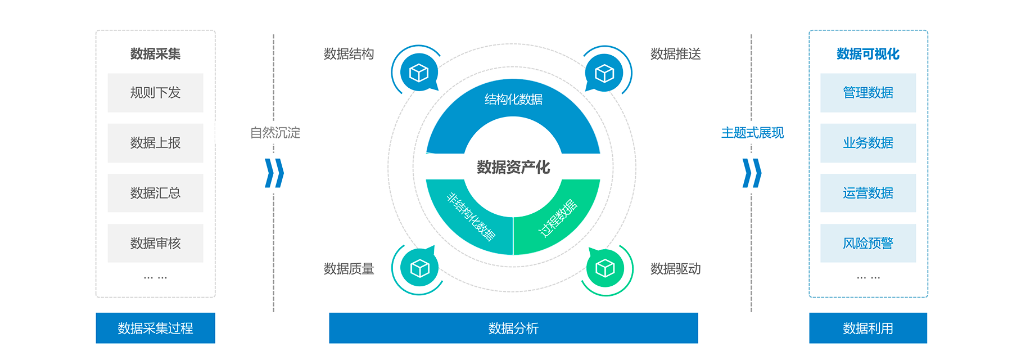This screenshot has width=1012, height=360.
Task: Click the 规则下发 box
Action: tap(155, 93)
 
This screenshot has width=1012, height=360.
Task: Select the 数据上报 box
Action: tap(155, 143)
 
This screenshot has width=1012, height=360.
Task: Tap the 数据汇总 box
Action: tap(155, 193)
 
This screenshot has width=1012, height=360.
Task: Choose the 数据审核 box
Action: tap(155, 243)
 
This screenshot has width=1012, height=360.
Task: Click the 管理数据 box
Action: tap(868, 93)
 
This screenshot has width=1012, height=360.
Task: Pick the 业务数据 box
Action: tap(868, 143)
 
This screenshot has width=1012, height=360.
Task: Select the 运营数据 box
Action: tap(868, 193)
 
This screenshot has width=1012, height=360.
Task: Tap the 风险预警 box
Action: tap(868, 243)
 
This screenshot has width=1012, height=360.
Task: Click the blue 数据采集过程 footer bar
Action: tap(155, 328)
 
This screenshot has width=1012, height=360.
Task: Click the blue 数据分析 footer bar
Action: tap(513, 328)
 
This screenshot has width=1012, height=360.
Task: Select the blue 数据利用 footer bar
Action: tap(868, 328)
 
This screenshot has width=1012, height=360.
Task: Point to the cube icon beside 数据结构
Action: tap(419, 73)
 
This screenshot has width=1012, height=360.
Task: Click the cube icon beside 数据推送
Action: tap(604, 73)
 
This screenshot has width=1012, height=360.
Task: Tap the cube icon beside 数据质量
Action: tap(419, 268)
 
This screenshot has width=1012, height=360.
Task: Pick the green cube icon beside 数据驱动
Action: tap(605, 268)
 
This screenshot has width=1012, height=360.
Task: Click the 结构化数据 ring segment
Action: tap(513, 100)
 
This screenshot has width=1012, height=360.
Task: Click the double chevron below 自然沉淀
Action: tap(274, 173)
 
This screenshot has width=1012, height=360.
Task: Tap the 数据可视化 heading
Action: tap(868, 54)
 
